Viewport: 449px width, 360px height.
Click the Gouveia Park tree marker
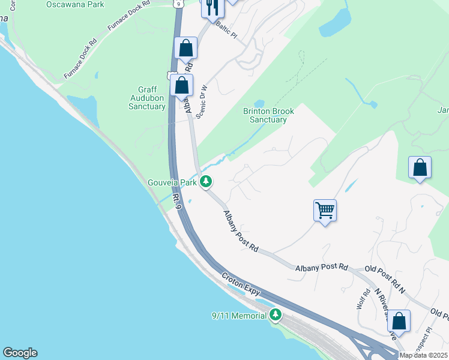[x=206, y=180]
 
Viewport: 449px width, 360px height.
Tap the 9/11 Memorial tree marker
[x=276, y=314]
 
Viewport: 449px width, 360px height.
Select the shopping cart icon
[x=325, y=211]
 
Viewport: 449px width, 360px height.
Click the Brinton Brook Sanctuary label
[x=265, y=115]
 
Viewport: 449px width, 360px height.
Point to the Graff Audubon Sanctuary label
[x=147, y=98]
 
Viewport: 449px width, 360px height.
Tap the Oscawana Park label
[x=75, y=4]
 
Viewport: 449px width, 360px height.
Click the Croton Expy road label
[x=240, y=284]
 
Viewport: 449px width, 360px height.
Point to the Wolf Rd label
[x=362, y=298]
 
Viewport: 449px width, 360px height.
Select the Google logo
[x=20, y=353]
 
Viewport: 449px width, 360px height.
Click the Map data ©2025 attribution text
[x=423, y=355]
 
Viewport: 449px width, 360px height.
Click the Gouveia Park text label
[x=172, y=181]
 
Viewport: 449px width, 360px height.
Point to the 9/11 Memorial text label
[x=239, y=316]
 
